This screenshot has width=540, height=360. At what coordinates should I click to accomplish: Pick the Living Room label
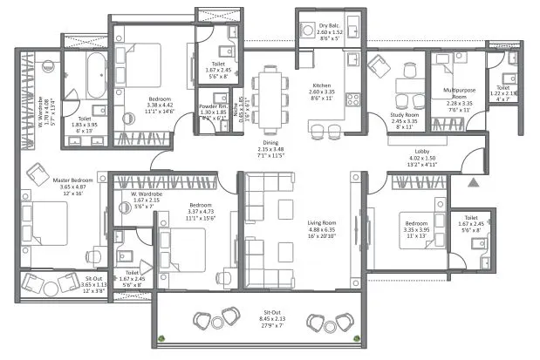(x=322, y=223)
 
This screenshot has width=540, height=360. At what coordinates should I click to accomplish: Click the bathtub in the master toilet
(x=93, y=74)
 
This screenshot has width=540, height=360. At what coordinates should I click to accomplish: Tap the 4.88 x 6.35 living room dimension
(x=322, y=231)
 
